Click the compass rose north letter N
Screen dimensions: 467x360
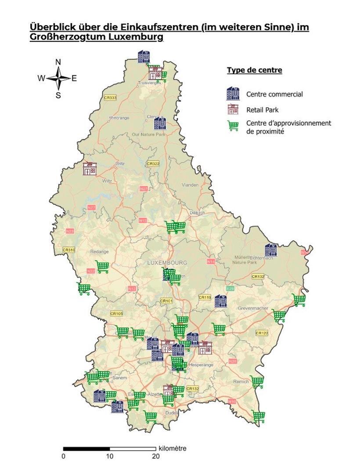pos(58,62)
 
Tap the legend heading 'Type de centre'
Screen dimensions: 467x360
pos(254,70)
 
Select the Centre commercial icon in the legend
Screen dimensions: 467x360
pos(233,94)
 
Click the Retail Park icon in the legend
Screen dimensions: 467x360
pos(233,110)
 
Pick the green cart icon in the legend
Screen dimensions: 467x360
pos(233,126)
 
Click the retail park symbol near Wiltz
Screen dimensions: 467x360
pos(90,169)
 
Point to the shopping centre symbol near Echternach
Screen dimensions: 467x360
pos(271,250)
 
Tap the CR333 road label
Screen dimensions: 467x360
pos(110,98)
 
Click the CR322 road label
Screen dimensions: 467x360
pos(153,163)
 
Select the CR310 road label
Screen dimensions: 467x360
pos(69,250)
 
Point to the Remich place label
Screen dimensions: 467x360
pos(241,382)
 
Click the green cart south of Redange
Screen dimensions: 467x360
pos(102,267)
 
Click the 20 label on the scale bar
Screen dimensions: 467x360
pos(156,456)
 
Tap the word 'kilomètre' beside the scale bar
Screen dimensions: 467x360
pos(173,449)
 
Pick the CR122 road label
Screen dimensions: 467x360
pos(262,333)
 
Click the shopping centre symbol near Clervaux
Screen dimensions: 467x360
pos(160,123)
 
